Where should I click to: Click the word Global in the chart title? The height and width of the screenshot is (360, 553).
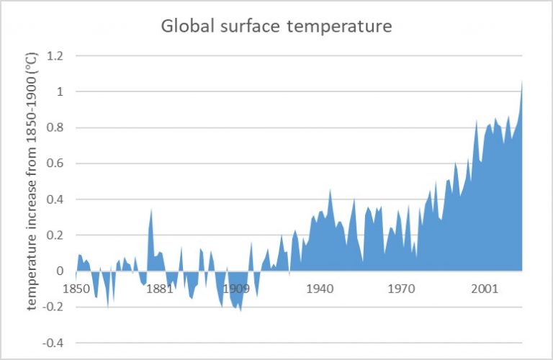tap(185, 27)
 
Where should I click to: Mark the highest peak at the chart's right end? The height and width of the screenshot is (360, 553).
tap(521, 81)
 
